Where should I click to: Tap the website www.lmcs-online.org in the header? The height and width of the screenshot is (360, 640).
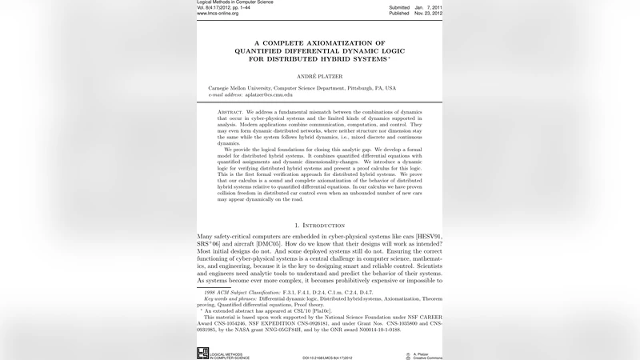click(x=219, y=14)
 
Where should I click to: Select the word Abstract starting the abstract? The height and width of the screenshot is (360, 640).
click(x=230, y=112)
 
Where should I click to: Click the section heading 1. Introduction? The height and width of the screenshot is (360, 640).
click(x=319, y=226)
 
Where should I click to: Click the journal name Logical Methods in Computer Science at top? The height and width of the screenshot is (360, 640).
click(x=234, y=2)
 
